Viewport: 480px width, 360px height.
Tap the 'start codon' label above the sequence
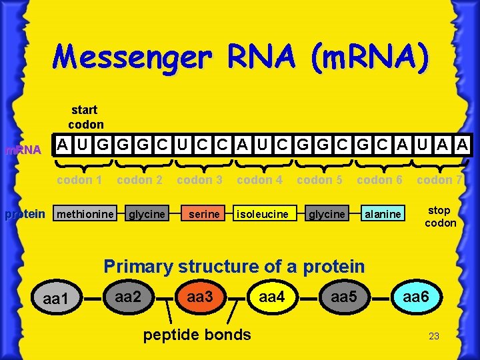point(85,117)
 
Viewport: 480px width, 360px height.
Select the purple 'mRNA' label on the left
point(23,150)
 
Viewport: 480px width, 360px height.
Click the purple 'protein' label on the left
point(25,214)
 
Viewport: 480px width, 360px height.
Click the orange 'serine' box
point(202,214)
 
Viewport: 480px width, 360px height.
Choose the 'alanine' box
point(383,214)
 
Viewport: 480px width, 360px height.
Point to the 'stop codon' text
point(440,217)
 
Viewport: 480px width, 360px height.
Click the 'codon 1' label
point(79,179)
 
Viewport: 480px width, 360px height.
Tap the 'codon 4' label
point(259,179)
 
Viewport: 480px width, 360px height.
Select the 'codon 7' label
point(439,179)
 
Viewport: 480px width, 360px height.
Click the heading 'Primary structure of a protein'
point(234,267)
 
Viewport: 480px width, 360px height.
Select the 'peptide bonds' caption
point(197,334)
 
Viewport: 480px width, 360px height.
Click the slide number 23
point(433,336)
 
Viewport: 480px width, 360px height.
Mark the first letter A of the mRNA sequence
point(62,144)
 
